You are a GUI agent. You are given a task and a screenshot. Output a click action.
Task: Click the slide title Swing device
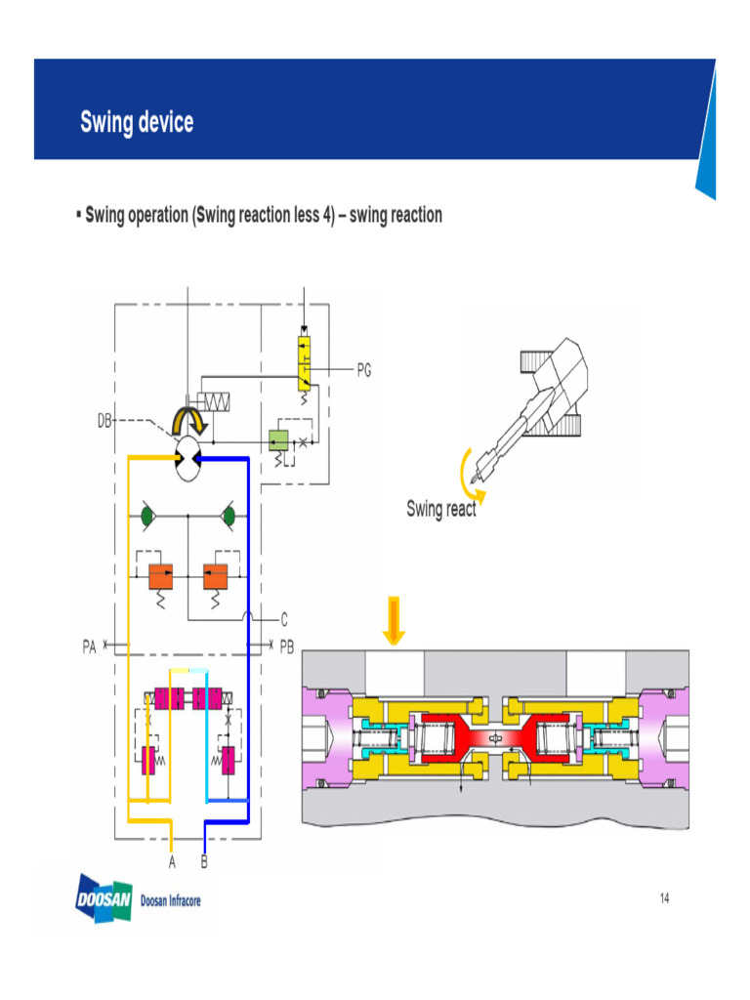tap(137, 123)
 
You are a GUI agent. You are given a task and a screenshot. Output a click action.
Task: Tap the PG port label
tap(363, 370)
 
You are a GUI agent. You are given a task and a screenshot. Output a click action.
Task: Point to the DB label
tap(104, 421)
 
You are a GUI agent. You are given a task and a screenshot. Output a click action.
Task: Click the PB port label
tap(286, 646)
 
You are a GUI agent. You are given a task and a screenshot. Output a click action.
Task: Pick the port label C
tap(283, 618)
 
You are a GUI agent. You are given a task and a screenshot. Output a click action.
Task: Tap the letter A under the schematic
tap(172, 862)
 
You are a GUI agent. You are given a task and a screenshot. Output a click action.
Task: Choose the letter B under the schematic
tap(204, 862)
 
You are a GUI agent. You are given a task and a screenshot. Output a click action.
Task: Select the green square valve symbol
tap(277, 440)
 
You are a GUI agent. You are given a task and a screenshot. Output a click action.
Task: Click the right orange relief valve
tap(215, 576)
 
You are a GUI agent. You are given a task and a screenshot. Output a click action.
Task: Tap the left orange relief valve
tap(160, 576)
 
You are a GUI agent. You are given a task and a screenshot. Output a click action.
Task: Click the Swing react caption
tap(441, 509)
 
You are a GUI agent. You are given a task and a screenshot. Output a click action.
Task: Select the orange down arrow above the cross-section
tap(394, 620)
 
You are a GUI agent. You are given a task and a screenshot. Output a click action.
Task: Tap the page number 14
tap(664, 898)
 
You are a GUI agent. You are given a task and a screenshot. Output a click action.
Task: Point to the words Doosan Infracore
tap(171, 900)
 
